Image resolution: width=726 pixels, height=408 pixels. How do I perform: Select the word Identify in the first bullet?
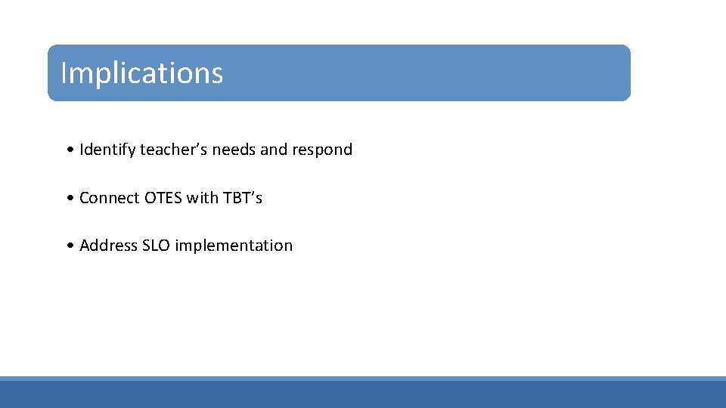coord(107,150)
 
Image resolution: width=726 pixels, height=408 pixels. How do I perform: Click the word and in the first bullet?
coord(274,150)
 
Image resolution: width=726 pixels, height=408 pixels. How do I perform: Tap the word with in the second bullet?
coord(202,198)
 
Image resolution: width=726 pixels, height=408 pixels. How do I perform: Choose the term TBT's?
coord(243,198)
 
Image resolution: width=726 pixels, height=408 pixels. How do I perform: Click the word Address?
coord(108,246)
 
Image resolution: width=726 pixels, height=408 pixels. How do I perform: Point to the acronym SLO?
coord(156,246)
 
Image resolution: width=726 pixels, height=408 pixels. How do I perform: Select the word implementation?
coord(234,246)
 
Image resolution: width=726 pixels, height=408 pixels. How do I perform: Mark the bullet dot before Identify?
coord(70,150)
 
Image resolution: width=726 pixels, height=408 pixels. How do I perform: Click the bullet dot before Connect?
coord(70,199)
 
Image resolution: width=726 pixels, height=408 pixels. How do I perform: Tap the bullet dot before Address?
coord(70,246)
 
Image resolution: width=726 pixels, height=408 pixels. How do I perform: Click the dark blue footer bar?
coord(363,394)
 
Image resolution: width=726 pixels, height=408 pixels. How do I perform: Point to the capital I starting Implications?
coord(64,73)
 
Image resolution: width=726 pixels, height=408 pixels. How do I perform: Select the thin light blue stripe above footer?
coord(363,378)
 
